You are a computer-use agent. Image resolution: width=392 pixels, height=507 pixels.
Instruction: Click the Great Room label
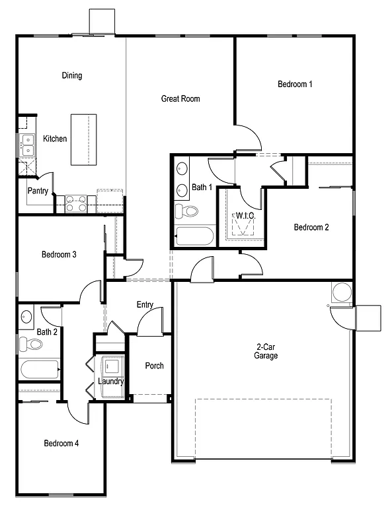(x=180, y=99)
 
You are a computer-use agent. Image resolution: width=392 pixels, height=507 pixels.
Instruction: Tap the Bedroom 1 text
(x=295, y=84)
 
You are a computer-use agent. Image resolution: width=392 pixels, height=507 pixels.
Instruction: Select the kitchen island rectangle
(x=84, y=139)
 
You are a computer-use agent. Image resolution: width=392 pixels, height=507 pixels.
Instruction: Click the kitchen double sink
(x=27, y=145)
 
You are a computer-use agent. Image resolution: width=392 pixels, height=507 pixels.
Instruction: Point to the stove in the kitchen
(x=75, y=203)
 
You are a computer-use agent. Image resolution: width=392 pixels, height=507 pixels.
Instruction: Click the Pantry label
(x=37, y=191)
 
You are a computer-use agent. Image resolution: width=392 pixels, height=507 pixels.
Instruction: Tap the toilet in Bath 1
(x=187, y=211)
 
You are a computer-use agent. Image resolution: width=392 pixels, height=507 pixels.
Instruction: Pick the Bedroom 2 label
(x=311, y=228)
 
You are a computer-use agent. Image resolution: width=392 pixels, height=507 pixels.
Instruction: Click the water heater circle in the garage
(x=342, y=292)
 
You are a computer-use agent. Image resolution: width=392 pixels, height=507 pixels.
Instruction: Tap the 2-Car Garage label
(x=267, y=351)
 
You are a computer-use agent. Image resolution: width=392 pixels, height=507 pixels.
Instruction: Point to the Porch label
(x=154, y=366)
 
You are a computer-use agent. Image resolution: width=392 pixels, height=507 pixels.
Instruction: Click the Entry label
(x=145, y=305)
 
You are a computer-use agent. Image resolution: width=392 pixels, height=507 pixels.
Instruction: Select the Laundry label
(x=110, y=381)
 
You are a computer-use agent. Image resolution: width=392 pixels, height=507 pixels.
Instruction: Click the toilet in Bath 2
(x=30, y=343)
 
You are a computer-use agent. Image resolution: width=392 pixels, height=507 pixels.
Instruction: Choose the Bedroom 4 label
(x=61, y=443)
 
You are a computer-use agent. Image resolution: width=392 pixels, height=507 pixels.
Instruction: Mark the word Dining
(x=72, y=75)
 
